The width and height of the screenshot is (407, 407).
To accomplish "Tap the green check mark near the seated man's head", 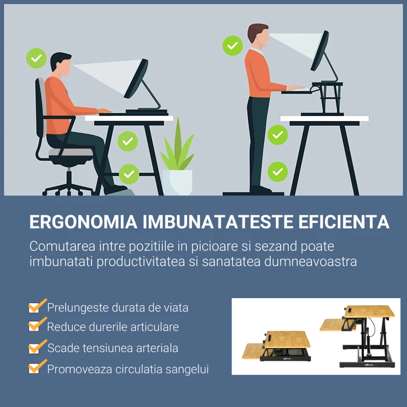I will pos(36,59).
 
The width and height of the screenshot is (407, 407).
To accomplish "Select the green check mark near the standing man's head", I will pos(232,45).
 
